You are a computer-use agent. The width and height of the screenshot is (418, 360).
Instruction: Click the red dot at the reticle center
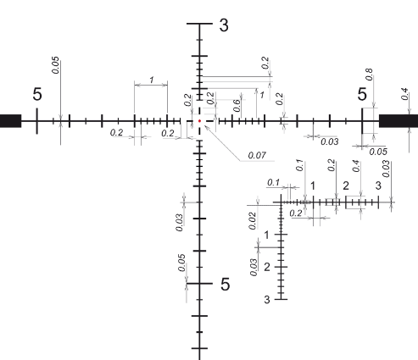click(x=199, y=121)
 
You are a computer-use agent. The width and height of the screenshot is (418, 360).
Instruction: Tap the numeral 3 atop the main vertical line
click(x=224, y=25)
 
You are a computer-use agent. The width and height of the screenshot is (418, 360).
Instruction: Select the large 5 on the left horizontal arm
click(x=37, y=94)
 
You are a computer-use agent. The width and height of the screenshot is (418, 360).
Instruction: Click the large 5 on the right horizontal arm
click(x=362, y=94)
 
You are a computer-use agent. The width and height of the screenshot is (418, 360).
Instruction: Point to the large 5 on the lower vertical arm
click(x=225, y=284)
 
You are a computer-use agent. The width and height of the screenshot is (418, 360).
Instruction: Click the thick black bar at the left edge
click(x=10, y=121)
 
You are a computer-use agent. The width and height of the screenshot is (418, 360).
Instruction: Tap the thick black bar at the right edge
click(x=398, y=121)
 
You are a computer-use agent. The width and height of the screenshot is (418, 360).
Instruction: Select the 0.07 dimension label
click(x=257, y=155)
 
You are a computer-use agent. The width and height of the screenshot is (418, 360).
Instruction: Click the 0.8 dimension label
click(x=370, y=75)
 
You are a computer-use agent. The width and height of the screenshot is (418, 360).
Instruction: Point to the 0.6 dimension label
click(x=237, y=105)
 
